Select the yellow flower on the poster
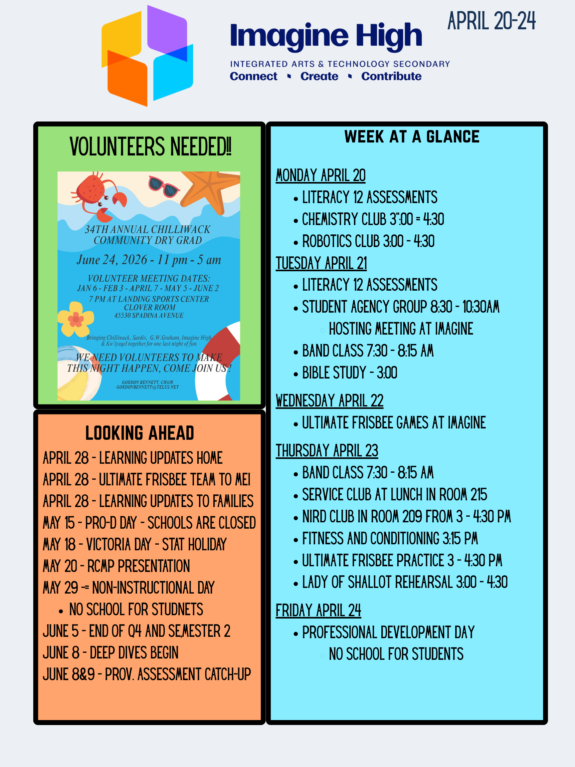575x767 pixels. coord(76,319)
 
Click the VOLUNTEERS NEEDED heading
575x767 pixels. coord(150,147)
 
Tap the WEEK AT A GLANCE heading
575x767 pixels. coord(411,136)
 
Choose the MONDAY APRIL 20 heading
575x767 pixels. coord(320,175)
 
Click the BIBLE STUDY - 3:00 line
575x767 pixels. coord(349,373)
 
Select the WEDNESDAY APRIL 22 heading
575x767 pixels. coord(329,401)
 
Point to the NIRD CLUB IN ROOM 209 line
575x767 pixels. coord(406,517)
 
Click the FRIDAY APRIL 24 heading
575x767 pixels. coord(318,611)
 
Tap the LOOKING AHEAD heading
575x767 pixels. coord(140,433)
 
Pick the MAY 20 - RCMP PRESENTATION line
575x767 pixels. coord(116,566)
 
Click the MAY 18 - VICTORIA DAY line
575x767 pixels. coord(134,544)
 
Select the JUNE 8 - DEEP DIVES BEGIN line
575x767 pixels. coord(110,653)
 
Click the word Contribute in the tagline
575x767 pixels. coord(391,76)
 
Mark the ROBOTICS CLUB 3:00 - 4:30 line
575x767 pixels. coord(368,241)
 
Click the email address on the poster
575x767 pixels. coord(148,387)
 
